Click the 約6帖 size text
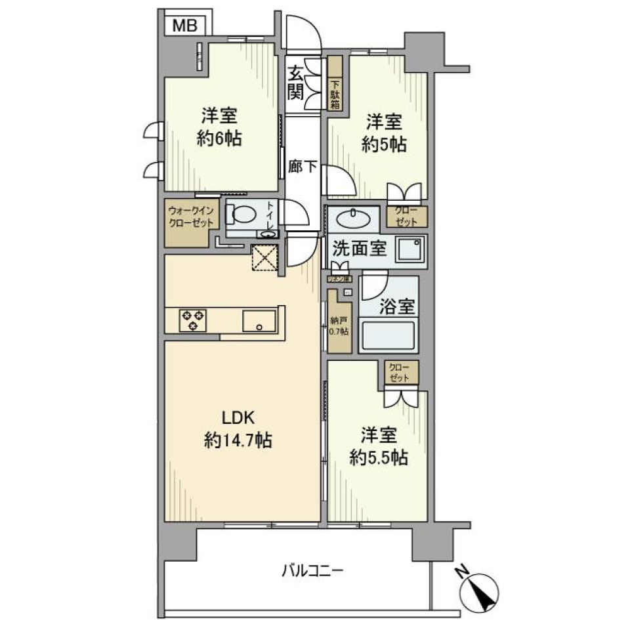tap(219, 139)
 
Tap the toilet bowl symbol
tap(242, 215)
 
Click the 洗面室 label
tap(359, 249)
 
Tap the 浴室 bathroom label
tap(396, 306)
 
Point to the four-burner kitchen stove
tap(194, 320)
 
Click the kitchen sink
tap(260, 322)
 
